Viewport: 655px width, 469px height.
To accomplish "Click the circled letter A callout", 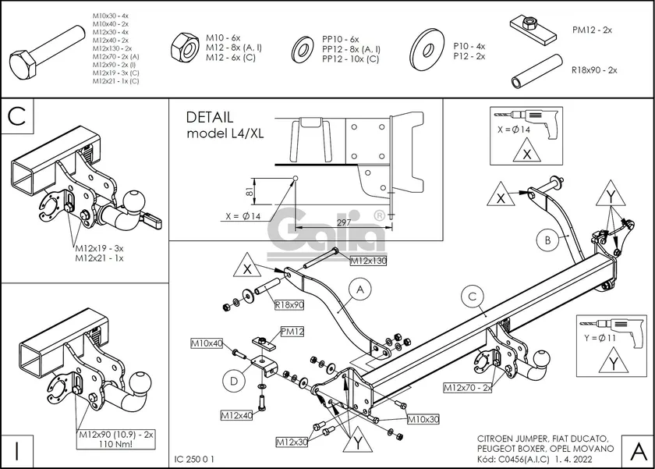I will click(x=360, y=290).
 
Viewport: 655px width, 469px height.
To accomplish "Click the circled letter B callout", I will click(x=548, y=239).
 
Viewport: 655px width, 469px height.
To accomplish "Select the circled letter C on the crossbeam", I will click(x=472, y=296).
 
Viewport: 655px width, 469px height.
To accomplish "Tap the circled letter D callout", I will click(x=233, y=381).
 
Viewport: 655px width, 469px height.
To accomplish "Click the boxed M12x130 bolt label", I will click(x=369, y=260).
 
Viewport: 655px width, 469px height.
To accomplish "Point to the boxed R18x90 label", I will click(x=289, y=304).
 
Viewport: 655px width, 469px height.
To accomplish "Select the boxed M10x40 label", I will click(x=207, y=343).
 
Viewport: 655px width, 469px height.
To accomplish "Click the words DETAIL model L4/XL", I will click(x=225, y=125).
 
